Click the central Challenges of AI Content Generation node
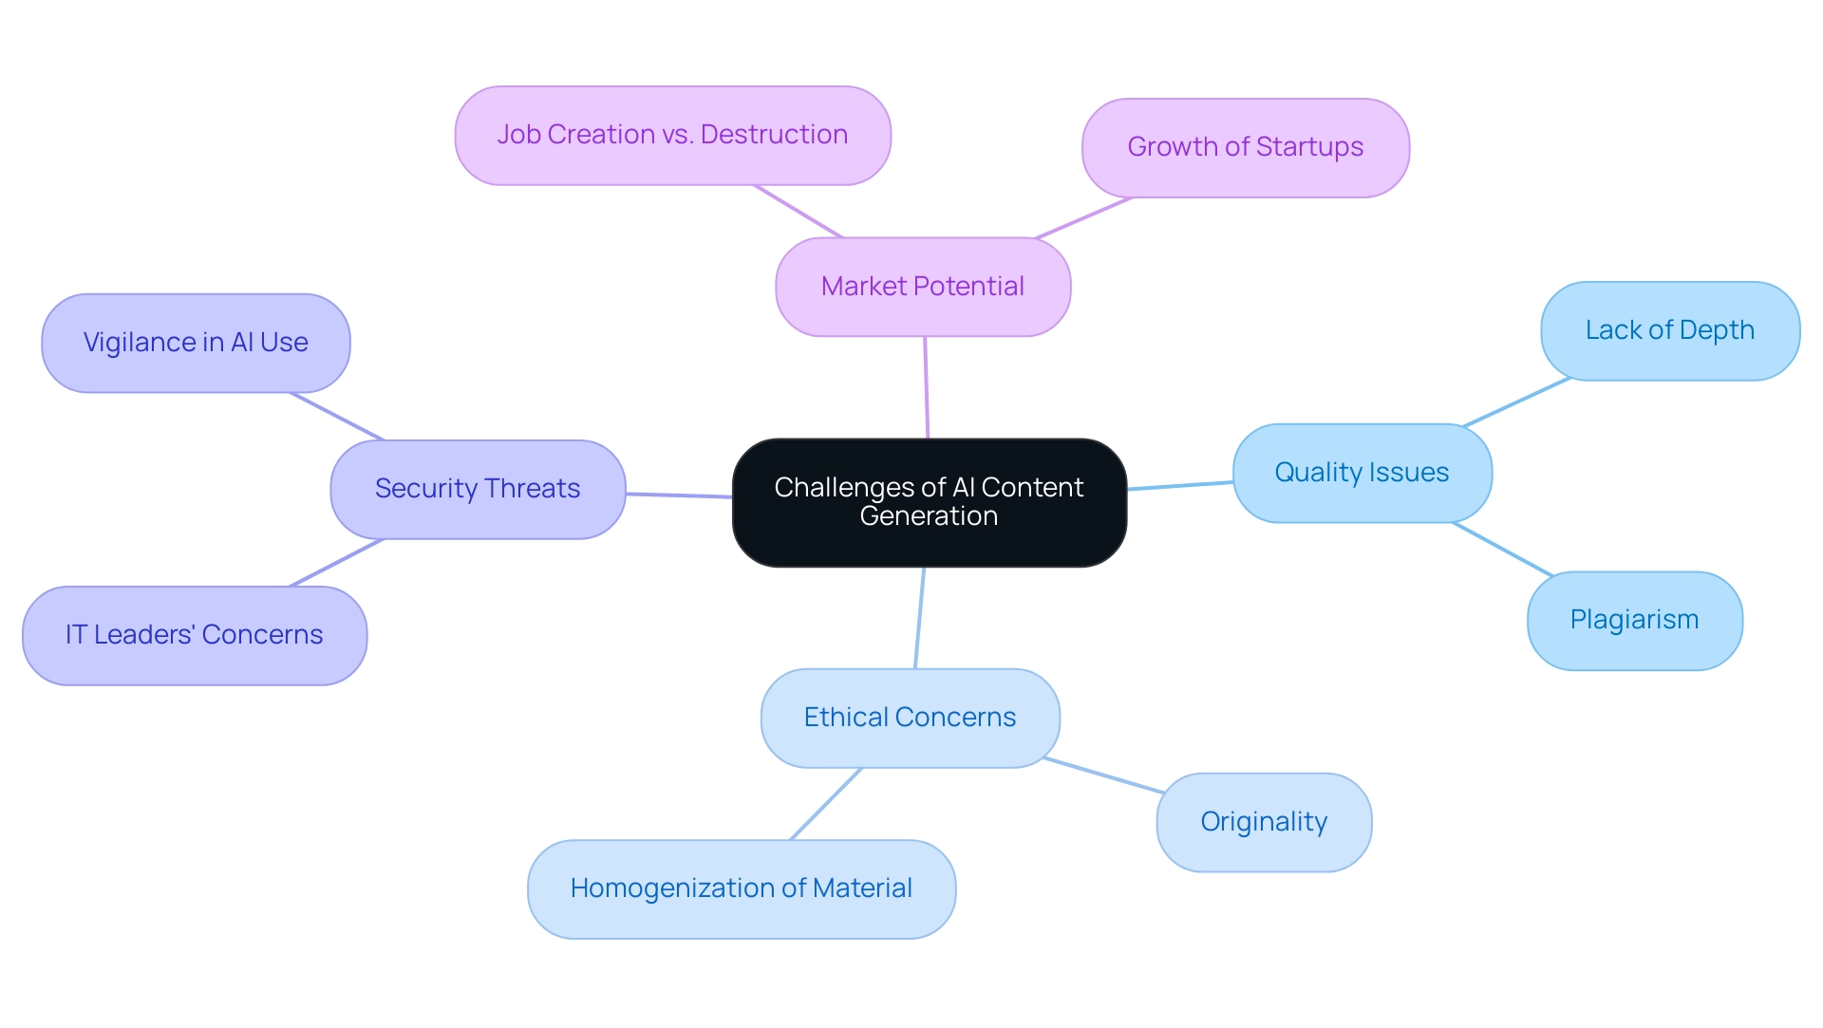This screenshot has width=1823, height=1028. (929, 502)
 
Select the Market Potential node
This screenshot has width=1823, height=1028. (923, 287)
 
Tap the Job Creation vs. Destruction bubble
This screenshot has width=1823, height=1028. (672, 135)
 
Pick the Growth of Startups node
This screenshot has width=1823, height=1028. (1245, 147)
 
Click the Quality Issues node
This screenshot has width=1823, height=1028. (1362, 473)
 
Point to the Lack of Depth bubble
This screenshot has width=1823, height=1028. (1669, 330)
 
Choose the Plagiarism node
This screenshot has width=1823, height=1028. (1634, 620)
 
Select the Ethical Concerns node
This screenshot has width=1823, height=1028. (910, 718)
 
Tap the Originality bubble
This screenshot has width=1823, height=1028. (1263, 822)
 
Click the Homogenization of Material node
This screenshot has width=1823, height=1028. (741, 888)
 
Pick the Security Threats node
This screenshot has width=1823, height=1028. (478, 489)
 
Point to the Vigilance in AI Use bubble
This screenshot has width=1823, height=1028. (196, 343)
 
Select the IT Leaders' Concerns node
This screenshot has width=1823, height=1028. (194, 635)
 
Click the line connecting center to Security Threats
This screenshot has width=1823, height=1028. (679, 495)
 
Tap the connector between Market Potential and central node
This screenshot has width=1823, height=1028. (927, 387)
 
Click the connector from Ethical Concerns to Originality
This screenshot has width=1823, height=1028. (1103, 776)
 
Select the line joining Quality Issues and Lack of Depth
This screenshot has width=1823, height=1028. (1516, 402)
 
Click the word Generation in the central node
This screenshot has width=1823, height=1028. (929, 516)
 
